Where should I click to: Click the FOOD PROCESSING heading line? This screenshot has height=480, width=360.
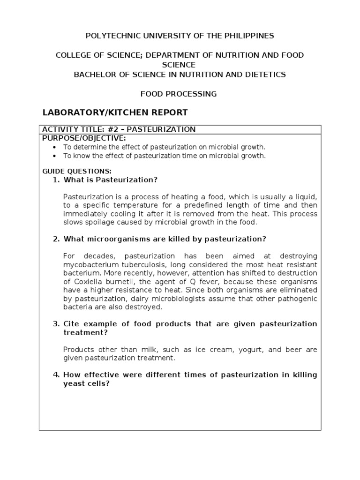[x=179, y=94]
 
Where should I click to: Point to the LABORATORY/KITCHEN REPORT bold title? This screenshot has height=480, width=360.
[x=115, y=112]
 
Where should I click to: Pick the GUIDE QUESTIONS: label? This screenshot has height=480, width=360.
[x=77, y=172]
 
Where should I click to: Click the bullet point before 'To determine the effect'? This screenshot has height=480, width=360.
[x=55, y=147]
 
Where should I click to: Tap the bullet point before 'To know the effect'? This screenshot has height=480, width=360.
[x=55, y=156]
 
